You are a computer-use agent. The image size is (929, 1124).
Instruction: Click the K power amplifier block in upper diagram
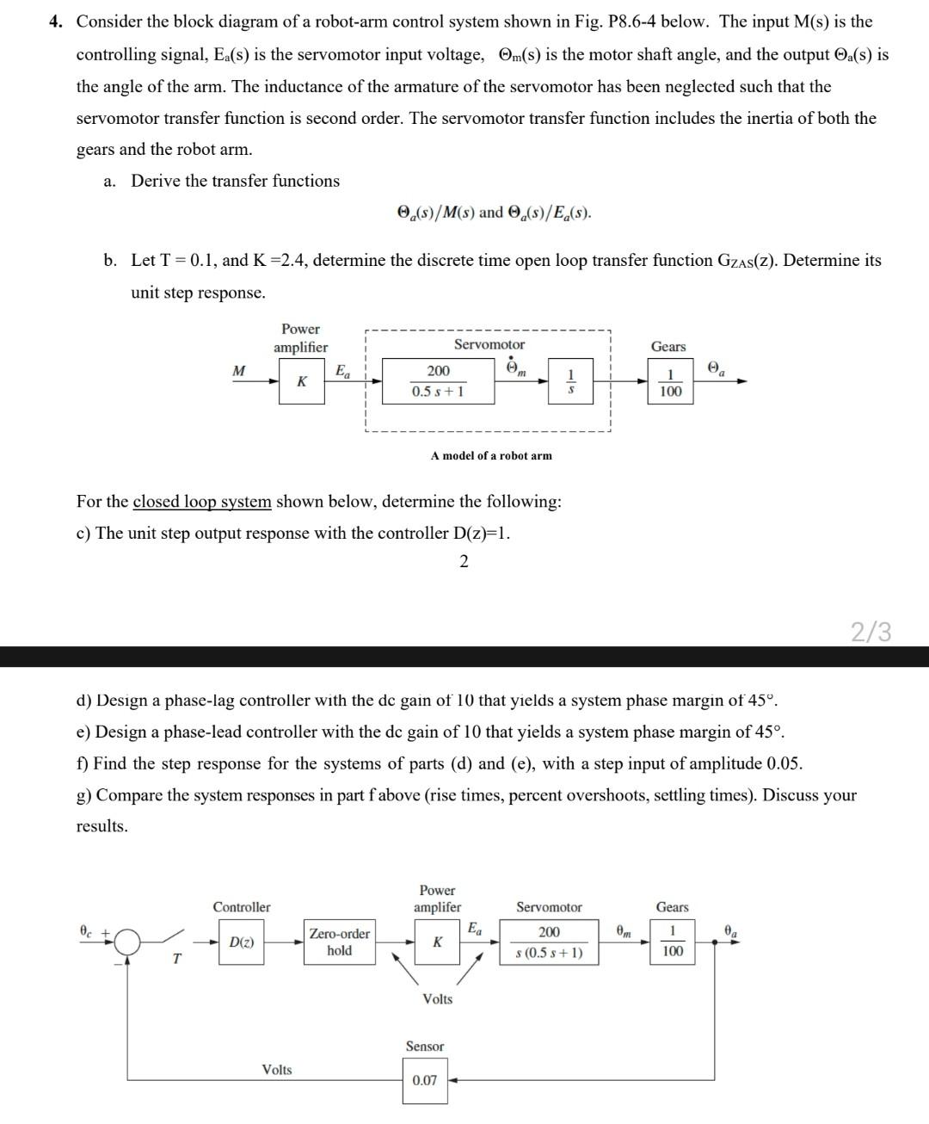[301, 381]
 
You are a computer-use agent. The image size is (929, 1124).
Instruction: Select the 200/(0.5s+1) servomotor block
[438, 381]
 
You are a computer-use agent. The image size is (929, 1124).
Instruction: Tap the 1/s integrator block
[570, 381]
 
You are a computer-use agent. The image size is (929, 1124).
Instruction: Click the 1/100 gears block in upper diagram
[670, 382]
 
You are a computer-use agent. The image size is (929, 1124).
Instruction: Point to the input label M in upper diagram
[238, 371]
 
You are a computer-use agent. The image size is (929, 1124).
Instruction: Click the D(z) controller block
[242, 942]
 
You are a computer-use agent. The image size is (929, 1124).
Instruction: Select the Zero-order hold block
[340, 942]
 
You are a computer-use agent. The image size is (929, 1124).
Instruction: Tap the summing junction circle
[128, 943]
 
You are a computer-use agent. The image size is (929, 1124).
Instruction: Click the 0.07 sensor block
[424, 1080]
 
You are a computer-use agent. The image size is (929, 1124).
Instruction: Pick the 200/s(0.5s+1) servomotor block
[549, 942]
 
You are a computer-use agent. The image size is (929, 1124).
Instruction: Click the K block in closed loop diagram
[437, 942]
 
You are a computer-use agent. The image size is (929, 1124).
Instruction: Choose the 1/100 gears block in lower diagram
[673, 941]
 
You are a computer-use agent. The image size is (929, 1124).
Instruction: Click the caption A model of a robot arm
[491, 455]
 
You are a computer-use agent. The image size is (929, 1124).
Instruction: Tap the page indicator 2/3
[871, 633]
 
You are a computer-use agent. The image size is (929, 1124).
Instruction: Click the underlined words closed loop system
[201, 501]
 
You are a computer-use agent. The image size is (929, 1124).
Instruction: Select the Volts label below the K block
[437, 998]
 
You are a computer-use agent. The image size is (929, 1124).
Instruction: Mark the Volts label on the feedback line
[276, 1070]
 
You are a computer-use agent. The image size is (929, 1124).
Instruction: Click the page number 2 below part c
[464, 562]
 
